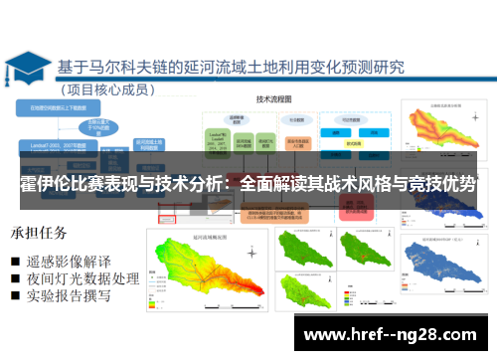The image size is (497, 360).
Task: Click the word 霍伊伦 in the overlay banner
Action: click(x=44, y=185)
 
